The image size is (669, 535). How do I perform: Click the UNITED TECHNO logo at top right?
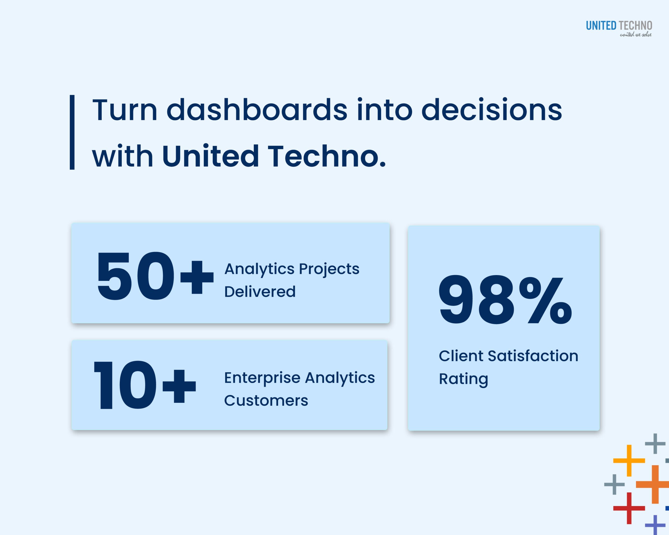click(x=619, y=25)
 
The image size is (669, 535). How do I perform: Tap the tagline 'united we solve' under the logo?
click(x=636, y=35)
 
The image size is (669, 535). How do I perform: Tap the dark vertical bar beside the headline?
click(x=72, y=132)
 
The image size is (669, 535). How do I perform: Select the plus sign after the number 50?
click(x=197, y=277)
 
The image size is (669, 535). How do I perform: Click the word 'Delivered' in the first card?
click(x=260, y=292)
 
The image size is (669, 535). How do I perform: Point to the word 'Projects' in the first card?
click(x=329, y=269)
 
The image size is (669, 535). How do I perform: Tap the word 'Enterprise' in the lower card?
click(x=262, y=378)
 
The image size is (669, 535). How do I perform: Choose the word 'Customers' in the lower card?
click(x=266, y=401)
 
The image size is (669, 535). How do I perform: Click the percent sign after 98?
click(x=545, y=300)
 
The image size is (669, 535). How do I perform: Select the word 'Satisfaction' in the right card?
click(x=533, y=356)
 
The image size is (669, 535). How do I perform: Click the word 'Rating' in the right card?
click(x=463, y=379)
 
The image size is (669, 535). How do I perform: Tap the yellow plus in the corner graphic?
click(x=629, y=461)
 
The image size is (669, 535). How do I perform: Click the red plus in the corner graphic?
click(x=629, y=508)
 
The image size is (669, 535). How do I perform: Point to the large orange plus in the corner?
click(x=655, y=484)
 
